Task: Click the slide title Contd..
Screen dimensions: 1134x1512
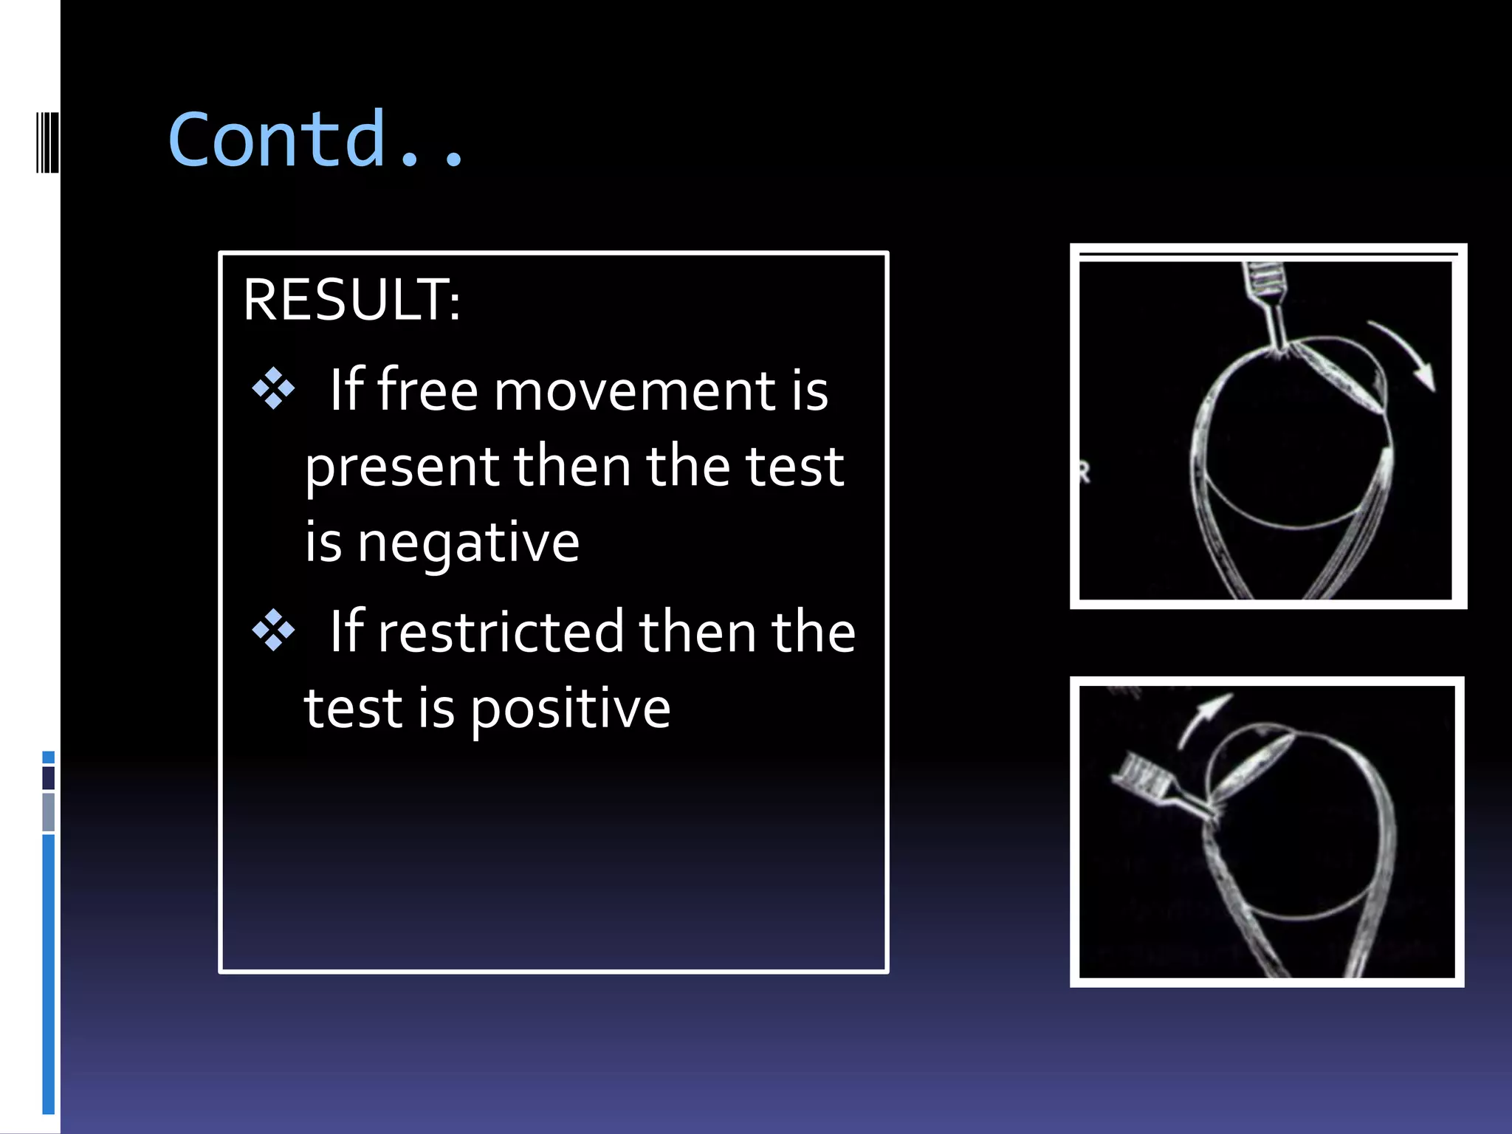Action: pyautogui.click(x=316, y=139)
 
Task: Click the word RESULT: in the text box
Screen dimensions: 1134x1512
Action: pyautogui.click(x=351, y=300)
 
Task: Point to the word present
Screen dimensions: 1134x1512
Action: pyautogui.click(x=402, y=468)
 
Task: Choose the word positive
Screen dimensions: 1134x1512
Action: pyautogui.click(x=570, y=709)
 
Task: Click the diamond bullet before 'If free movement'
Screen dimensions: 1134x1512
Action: pyautogui.click(x=273, y=388)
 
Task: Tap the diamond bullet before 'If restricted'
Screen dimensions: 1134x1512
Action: pyautogui.click(x=273, y=630)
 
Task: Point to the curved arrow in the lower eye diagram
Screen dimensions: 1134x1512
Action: pyautogui.click(x=1202, y=718)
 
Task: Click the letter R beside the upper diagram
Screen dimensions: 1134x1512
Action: pyautogui.click(x=1084, y=472)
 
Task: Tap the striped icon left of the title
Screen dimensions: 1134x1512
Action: pyautogui.click(x=47, y=142)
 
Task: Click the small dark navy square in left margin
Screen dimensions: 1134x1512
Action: pyautogui.click(x=49, y=777)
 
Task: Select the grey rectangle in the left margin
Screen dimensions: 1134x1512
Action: pyautogui.click(x=49, y=812)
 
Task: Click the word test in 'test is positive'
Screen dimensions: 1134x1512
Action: pyautogui.click(x=354, y=708)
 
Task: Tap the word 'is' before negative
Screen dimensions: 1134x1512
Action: pyautogui.click(x=323, y=543)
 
